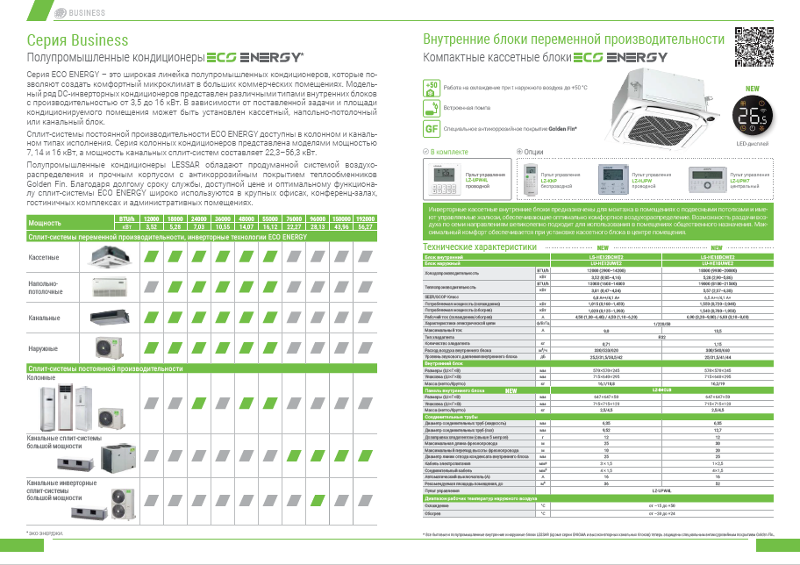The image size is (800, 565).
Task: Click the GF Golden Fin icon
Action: point(431,129)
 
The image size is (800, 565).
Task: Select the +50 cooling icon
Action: point(431,88)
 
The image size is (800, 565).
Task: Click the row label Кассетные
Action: point(44,256)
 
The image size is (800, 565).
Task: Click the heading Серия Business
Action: point(77,40)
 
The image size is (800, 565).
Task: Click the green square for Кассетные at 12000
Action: point(150,256)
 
